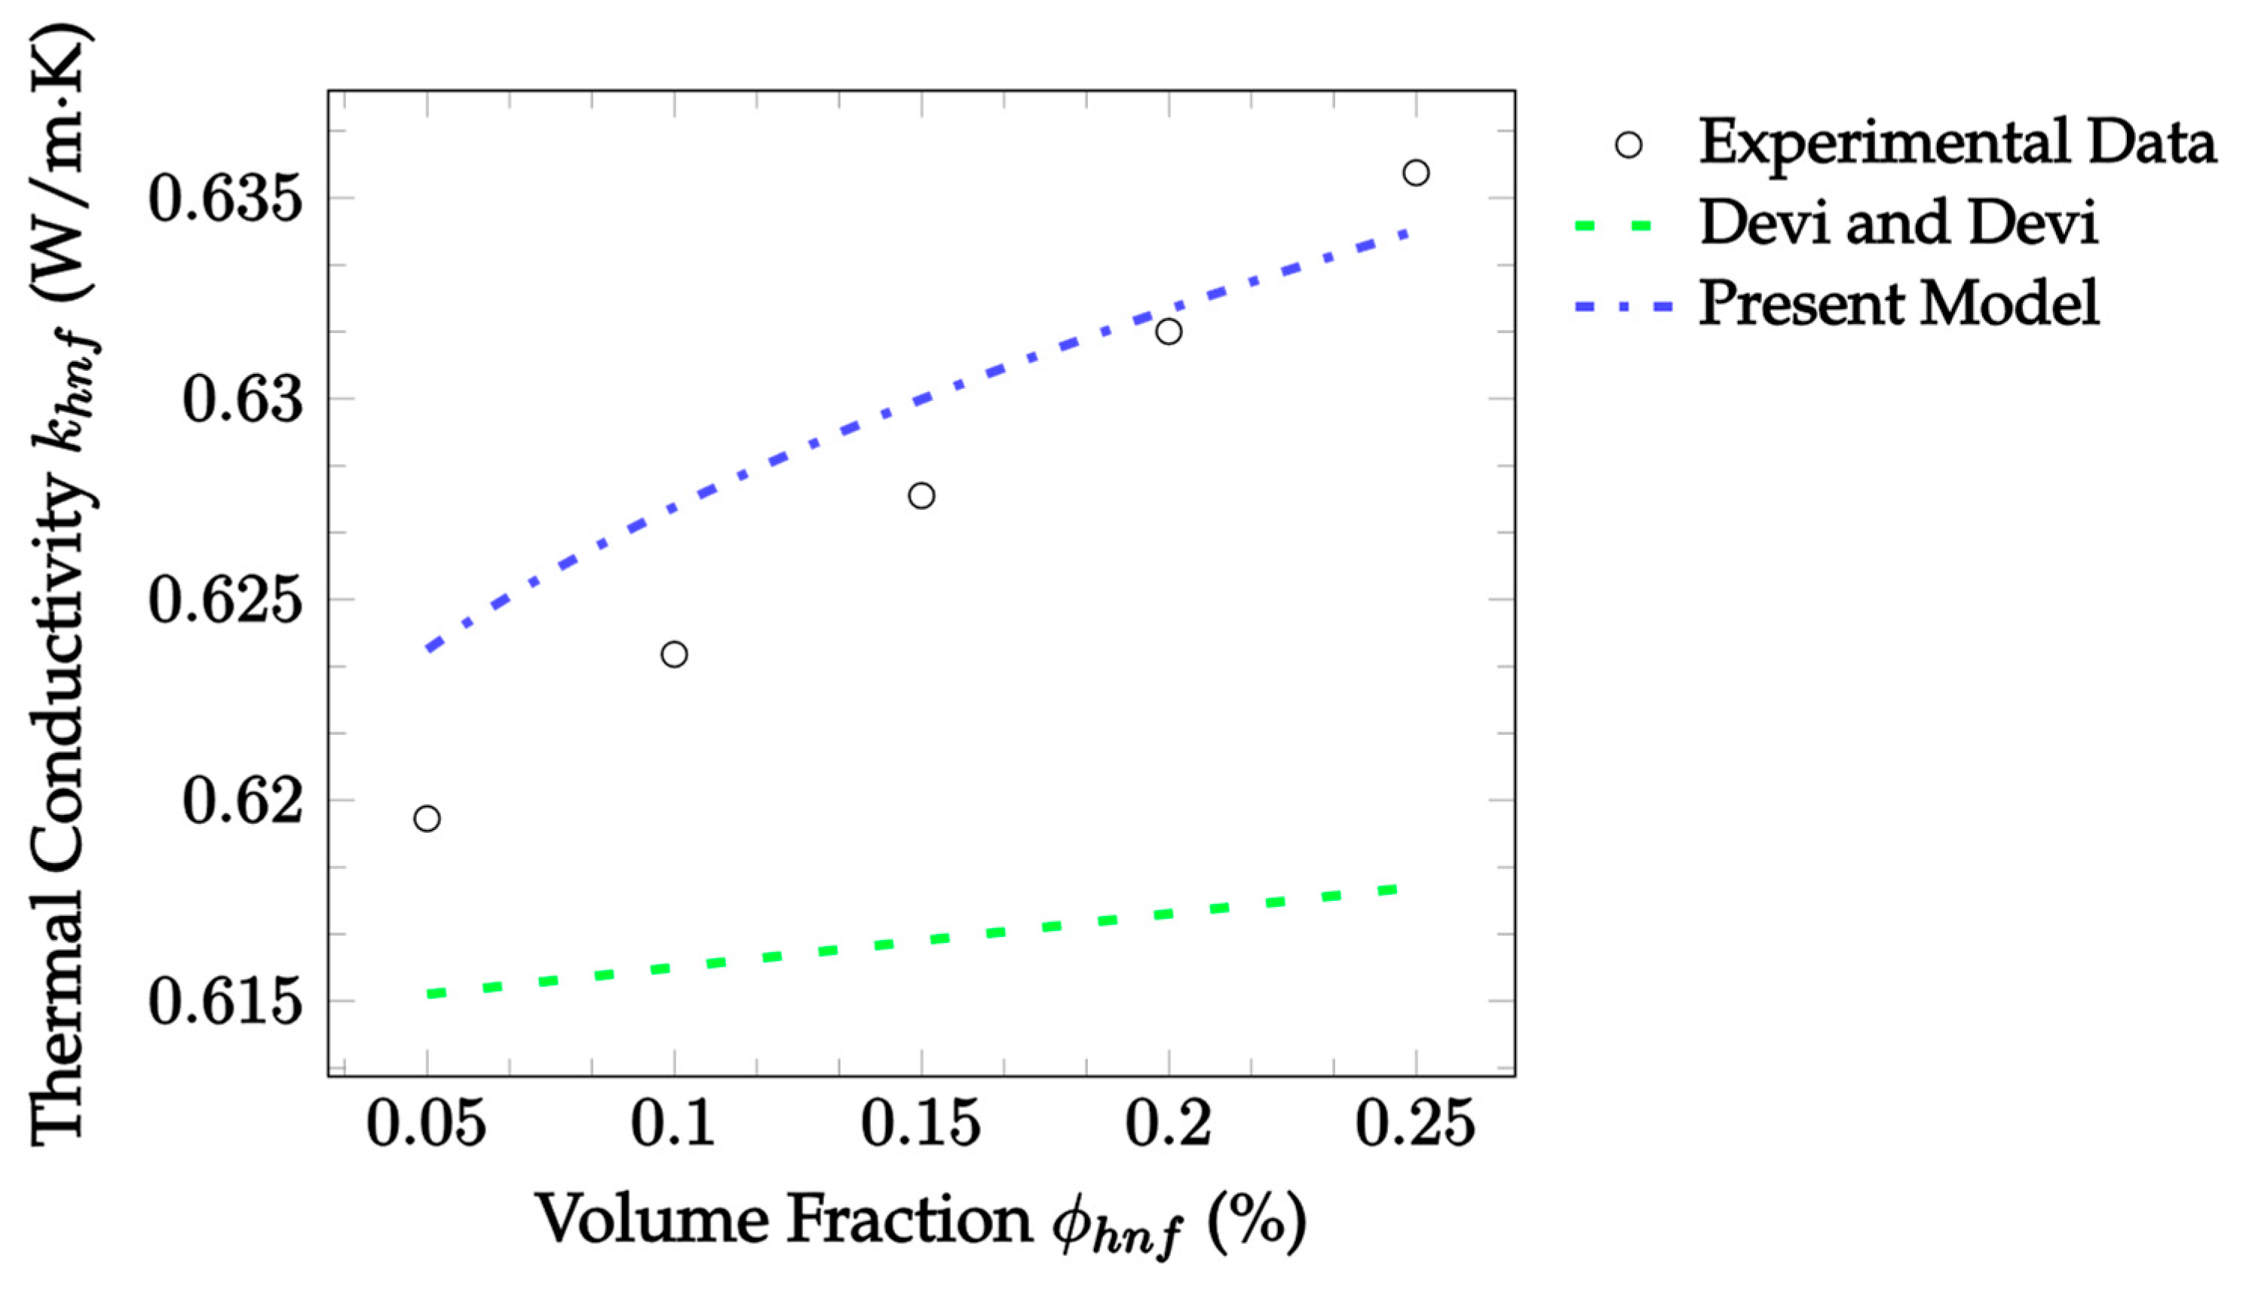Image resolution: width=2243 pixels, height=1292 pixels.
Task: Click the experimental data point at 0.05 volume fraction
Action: coord(427,818)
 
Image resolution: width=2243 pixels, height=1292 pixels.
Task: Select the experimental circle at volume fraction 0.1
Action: coord(674,655)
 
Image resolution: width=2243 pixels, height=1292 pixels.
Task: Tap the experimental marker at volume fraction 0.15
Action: coord(922,495)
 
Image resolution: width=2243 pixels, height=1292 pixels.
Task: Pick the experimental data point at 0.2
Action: coord(1169,332)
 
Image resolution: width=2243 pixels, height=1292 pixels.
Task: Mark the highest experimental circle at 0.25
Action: coord(1416,172)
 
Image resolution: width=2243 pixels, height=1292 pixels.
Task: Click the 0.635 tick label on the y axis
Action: coord(225,199)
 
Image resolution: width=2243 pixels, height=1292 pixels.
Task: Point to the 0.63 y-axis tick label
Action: coord(242,400)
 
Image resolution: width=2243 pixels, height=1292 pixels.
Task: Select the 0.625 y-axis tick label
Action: coord(225,601)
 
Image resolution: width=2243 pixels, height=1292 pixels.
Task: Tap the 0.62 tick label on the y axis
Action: coord(242,801)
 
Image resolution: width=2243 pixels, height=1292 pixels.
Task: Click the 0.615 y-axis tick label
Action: coord(225,1003)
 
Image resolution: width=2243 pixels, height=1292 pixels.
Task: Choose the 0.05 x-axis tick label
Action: coord(427,1125)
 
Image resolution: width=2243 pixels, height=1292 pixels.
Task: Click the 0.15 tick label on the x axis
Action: coord(922,1125)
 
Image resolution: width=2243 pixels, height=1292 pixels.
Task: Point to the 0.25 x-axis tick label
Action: coord(1416,1125)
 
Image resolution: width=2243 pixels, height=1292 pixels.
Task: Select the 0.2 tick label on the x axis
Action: coord(1169,1125)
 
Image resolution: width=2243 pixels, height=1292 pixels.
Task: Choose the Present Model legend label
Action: coord(1898,304)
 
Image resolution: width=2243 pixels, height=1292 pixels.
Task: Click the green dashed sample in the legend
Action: coord(1613,225)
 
